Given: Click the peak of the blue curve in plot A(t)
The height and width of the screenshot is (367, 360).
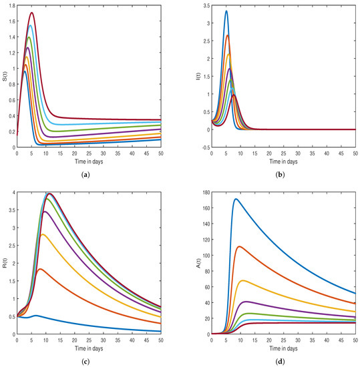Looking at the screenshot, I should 235,199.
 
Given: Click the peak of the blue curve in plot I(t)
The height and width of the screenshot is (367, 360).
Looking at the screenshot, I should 226,11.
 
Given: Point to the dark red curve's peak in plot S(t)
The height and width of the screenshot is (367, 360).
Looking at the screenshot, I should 31,13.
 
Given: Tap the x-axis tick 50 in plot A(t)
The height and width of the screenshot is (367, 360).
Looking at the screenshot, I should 355,342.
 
